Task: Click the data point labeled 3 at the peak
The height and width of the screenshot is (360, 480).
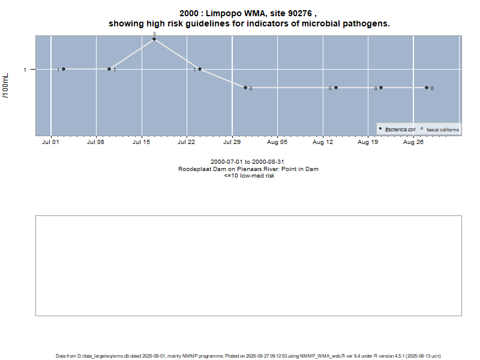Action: (154, 39)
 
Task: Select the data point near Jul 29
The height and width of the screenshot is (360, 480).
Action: (245, 88)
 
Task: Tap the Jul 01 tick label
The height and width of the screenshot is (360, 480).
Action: (51, 143)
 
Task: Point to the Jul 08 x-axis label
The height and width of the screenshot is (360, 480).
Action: (96, 143)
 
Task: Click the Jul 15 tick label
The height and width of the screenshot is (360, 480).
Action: (142, 143)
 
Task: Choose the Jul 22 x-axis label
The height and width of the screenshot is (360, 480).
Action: (187, 143)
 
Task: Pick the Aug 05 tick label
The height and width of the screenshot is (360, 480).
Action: (277, 143)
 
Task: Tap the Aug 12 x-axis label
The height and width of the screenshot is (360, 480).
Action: (323, 143)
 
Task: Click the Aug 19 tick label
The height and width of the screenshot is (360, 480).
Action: (368, 143)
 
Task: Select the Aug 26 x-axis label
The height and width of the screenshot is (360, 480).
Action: (413, 143)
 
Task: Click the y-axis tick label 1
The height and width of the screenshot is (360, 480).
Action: (25, 70)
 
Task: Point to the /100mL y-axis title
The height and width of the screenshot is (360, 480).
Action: (6, 86)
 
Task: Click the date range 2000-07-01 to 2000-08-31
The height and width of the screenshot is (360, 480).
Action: (248, 162)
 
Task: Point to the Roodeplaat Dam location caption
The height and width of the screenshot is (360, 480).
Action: (248, 169)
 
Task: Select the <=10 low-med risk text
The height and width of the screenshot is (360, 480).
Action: (248, 176)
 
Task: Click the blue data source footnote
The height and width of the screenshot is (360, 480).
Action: (248, 356)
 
